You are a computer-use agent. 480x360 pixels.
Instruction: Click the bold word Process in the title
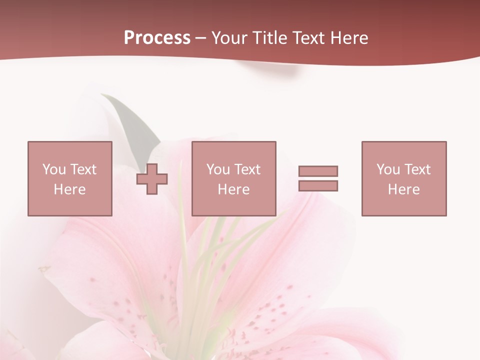(157, 38)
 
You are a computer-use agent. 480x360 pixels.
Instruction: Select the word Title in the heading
(271, 38)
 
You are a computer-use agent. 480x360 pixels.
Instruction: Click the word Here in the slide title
(349, 38)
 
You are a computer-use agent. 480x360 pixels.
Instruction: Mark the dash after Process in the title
(201, 38)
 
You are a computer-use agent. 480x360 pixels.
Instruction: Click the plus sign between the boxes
(152, 178)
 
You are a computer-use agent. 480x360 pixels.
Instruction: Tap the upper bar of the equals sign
(318, 171)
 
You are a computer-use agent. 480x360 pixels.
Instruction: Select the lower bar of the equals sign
(318, 185)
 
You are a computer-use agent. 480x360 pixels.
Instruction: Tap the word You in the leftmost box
(54, 169)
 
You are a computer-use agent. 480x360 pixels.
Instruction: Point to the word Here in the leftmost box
(70, 189)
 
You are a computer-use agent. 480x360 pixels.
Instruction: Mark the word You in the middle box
(218, 169)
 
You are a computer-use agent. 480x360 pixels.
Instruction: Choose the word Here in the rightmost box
(404, 189)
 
